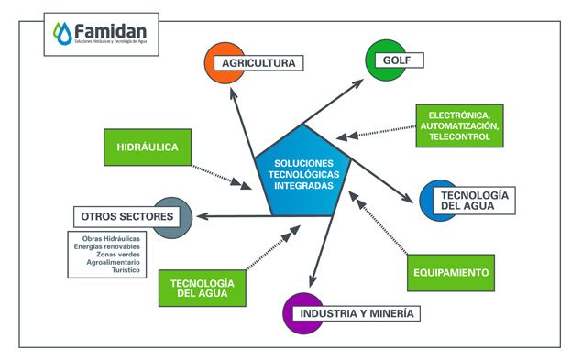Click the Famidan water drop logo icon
61,34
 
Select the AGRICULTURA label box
258,63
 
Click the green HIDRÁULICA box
147,147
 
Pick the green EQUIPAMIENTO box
449,272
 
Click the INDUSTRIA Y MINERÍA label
355,314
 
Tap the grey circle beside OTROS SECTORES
171,217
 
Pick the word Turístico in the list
126,271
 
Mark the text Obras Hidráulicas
112,237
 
